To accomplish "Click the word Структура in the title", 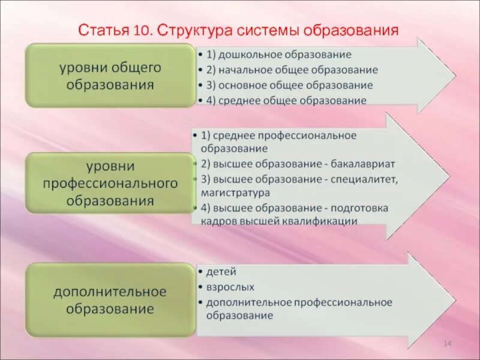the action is click(190, 30).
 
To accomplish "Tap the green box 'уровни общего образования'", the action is click(110, 75).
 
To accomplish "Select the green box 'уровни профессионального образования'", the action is click(110, 182).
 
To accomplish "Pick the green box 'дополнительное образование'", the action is click(110, 300).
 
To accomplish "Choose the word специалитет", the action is click(364, 179).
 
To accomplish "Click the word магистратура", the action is click(236, 193).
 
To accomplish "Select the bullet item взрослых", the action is click(230, 287).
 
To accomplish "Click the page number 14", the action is click(447, 343).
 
